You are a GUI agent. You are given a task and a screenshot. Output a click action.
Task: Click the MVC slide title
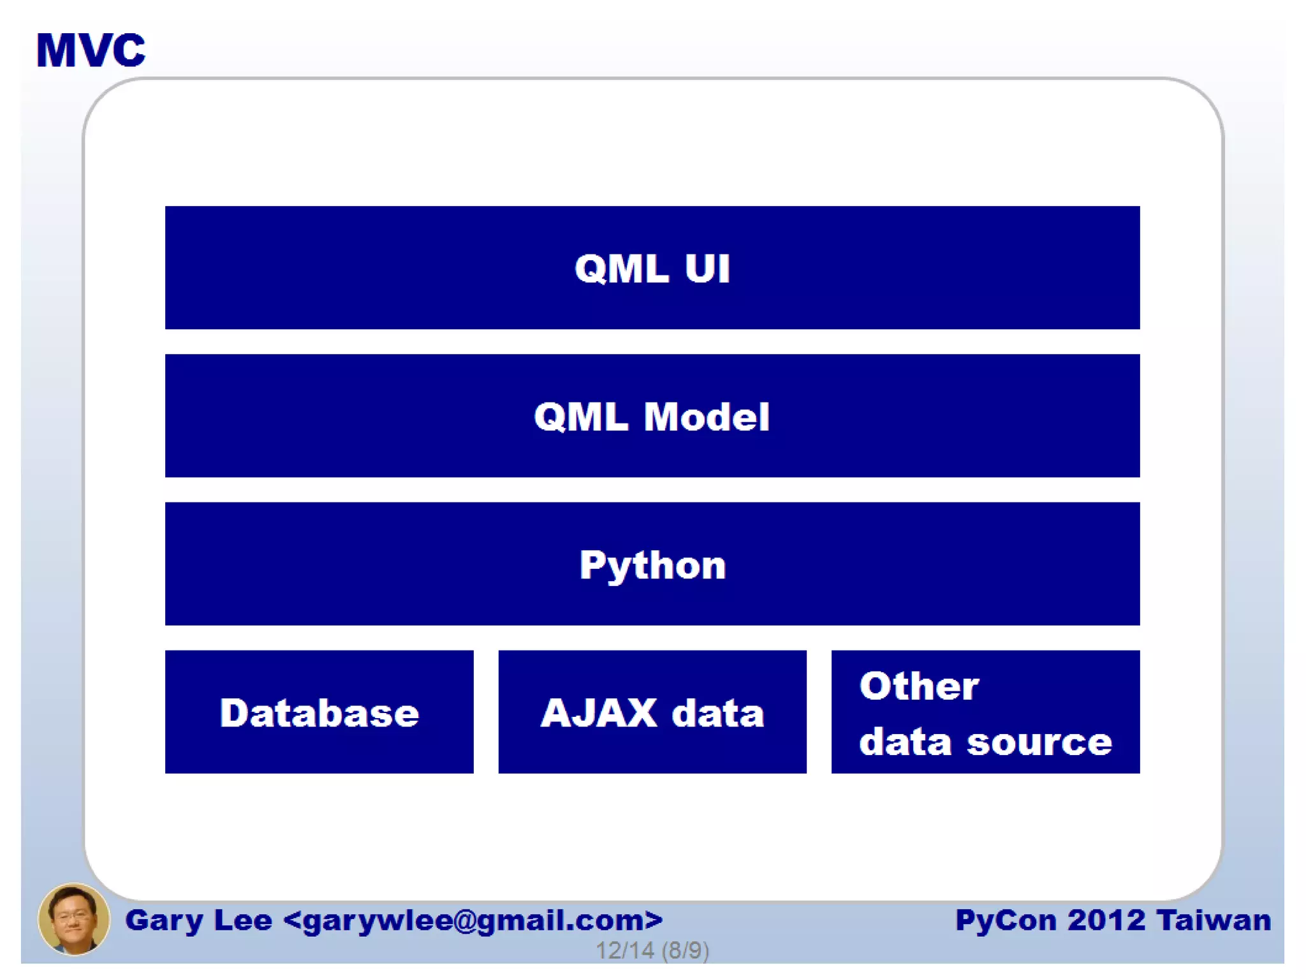[x=91, y=50]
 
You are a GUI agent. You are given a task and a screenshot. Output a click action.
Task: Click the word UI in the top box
[x=707, y=269]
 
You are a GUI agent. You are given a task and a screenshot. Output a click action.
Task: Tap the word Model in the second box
[x=707, y=417]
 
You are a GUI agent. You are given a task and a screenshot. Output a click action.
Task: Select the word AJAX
[x=598, y=712]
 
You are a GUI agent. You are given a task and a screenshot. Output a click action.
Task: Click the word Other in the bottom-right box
[x=918, y=686]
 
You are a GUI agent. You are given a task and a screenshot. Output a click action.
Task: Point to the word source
[x=1039, y=742]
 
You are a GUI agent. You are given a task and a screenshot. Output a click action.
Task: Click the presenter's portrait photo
[x=73, y=919]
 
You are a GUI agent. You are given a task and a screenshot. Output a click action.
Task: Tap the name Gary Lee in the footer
[x=198, y=920]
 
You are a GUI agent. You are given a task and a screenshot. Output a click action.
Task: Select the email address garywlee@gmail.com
[x=473, y=920]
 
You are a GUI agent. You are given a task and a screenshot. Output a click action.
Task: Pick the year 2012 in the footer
[x=1106, y=920]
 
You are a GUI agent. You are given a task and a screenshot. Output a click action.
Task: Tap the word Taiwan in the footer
[x=1214, y=920]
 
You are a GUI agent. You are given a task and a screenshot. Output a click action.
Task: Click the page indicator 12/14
[x=624, y=950]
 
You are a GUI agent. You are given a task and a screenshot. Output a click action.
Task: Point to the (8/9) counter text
[x=686, y=950]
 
